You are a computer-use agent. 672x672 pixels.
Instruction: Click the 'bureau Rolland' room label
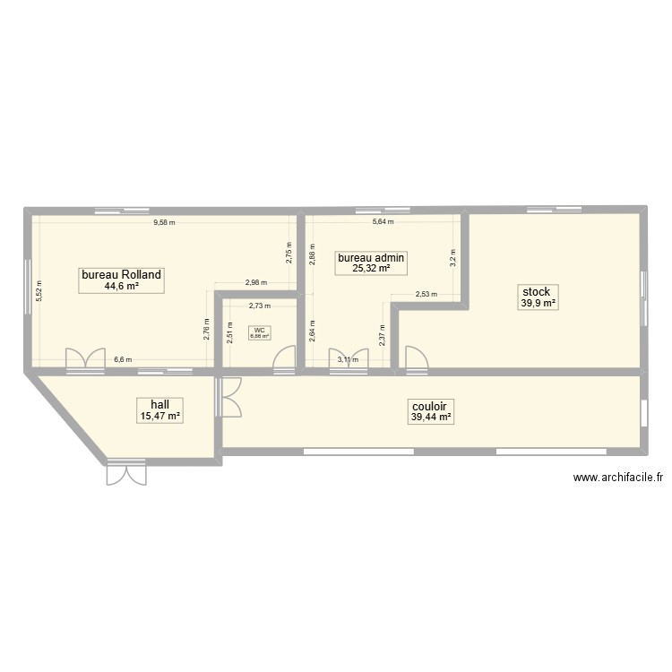tap(121, 275)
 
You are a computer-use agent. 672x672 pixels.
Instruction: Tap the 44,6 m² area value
tap(121, 287)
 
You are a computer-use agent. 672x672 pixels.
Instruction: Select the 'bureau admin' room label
tap(371, 257)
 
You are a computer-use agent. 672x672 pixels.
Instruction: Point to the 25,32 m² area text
tap(371, 268)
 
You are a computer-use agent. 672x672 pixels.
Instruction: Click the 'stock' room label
tap(537, 292)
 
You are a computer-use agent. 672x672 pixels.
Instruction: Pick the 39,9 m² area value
tap(537, 304)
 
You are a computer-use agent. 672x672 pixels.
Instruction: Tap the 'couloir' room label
tap(430, 405)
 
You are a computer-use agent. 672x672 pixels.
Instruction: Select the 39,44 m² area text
tap(430, 417)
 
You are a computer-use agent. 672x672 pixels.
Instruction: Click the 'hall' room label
tap(159, 404)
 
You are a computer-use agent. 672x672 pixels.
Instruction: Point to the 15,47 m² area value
tap(159, 416)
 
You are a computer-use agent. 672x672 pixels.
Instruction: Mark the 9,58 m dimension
tap(164, 222)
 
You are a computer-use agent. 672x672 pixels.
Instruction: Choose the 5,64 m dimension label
tap(383, 222)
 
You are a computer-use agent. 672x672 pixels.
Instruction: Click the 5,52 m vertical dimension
tap(39, 290)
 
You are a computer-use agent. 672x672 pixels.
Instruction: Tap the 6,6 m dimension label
tap(122, 360)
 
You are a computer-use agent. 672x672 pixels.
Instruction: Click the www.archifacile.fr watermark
tap(618, 478)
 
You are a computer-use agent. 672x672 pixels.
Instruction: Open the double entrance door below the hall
tap(125, 473)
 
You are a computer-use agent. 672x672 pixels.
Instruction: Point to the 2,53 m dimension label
tap(426, 294)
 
